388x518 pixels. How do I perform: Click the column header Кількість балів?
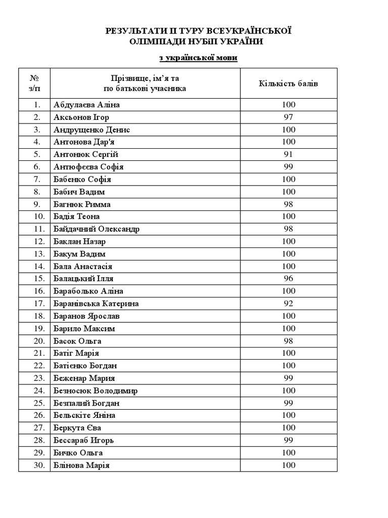[288, 83]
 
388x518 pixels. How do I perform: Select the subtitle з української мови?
[198, 58]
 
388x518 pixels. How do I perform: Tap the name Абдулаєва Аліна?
[86, 105]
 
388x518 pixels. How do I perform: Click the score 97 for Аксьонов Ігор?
[288, 117]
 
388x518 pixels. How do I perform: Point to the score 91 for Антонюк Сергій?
[288, 154]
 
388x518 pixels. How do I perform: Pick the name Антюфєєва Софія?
[88, 167]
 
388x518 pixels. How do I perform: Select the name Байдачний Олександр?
[96, 229]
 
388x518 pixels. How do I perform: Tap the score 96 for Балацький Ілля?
[288, 279]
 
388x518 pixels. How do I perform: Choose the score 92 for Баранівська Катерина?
[288, 304]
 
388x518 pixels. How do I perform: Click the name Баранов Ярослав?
[87, 316]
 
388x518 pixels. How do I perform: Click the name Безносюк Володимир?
[95, 391]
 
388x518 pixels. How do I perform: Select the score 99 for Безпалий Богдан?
[288, 403]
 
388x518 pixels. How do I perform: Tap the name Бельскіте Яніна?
[84, 415]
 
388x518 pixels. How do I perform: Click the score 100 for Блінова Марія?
[288, 465]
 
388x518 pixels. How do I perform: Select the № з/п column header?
[35, 83]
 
